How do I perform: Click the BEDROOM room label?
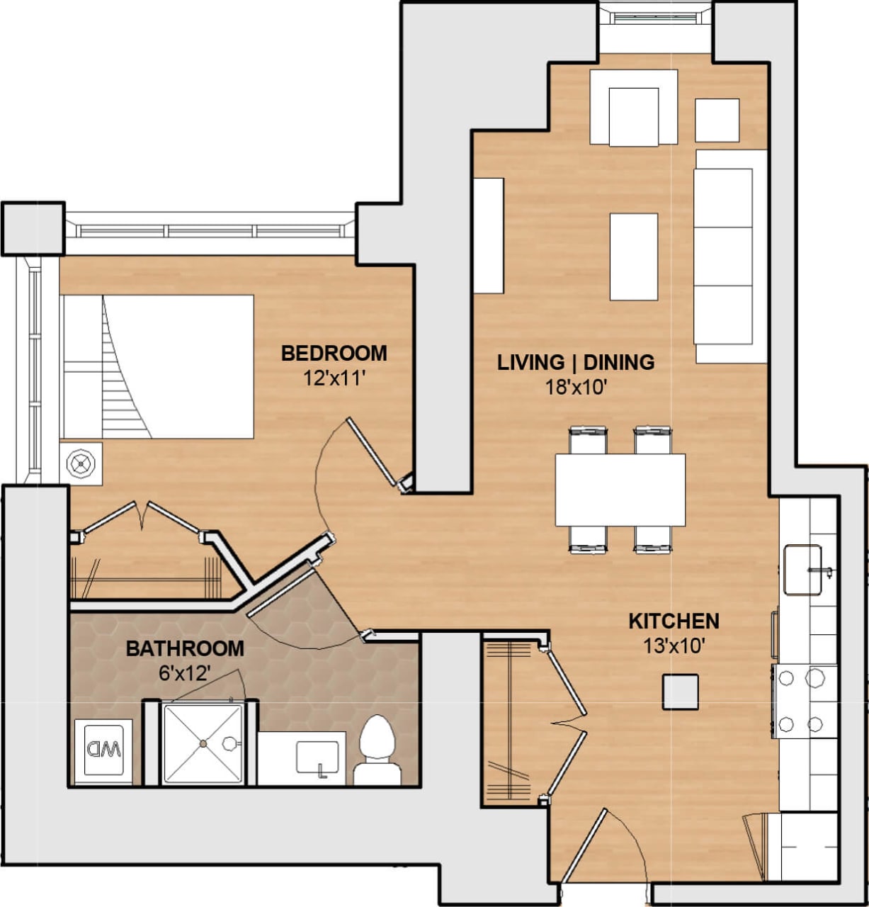point(334,353)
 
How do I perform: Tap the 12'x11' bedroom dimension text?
point(334,378)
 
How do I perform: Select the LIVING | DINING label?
point(575,362)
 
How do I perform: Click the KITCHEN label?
point(674,621)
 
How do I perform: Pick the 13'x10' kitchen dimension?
point(674,646)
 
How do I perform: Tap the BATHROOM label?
point(184,648)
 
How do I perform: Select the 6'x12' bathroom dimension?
point(184,672)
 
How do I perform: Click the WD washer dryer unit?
point(103,750)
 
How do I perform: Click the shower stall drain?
point(203,743)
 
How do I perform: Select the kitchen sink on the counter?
point(802,570)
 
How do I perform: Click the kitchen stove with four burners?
point(804,701)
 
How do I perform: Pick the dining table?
point(620,490)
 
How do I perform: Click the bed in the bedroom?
point(159,366)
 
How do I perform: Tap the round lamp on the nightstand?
point(81,464)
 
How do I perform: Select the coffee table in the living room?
point(633,257)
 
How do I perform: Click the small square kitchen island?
point(680,692)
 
